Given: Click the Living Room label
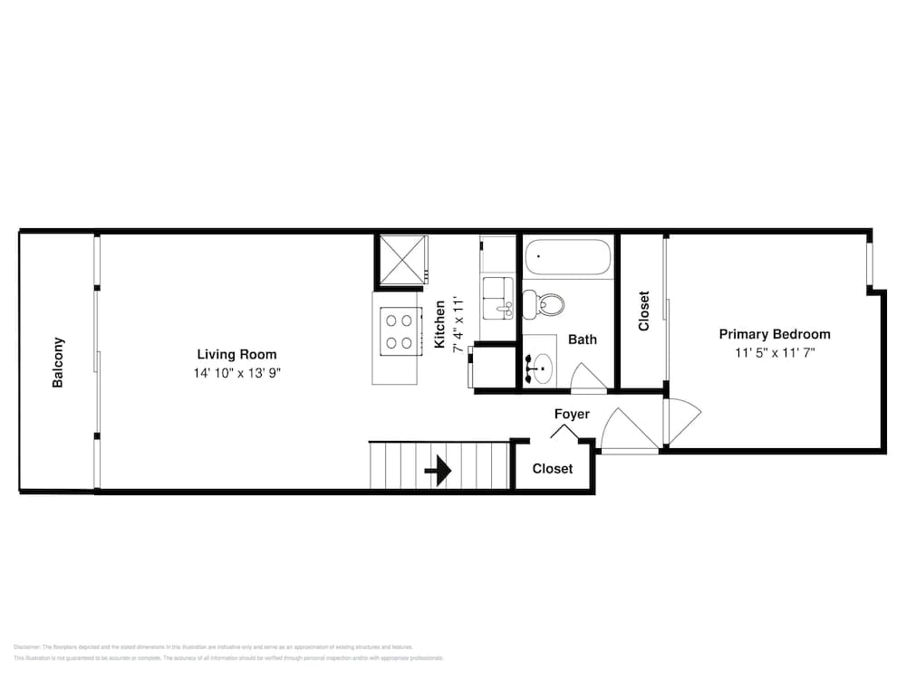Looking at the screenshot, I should click(x=236, y=355).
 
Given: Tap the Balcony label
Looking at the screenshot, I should click(x=58, y=362).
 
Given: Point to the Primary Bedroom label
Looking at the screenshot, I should click(x=774, y=334).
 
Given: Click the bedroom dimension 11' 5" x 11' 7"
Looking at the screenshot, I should click(x=775, y=353).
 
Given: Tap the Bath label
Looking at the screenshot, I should click(x=583, y=339).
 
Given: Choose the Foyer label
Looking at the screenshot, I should click(x=572, y=414).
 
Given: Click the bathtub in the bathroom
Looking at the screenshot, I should click(x=569, y=258).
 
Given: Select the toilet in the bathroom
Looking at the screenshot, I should click(x=546, y=303).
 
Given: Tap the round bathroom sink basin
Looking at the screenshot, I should click(x=541, y=367).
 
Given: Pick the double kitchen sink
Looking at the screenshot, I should click(x=497, y=299).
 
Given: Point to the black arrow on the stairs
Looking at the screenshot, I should click(x=439, y=471).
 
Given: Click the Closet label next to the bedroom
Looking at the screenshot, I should click(x=644, y=311).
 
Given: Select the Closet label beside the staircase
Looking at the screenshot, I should click(x=552, y=469).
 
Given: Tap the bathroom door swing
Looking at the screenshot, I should click(x=587, y=378).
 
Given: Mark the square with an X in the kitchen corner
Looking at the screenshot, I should click(x=400, y=260).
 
